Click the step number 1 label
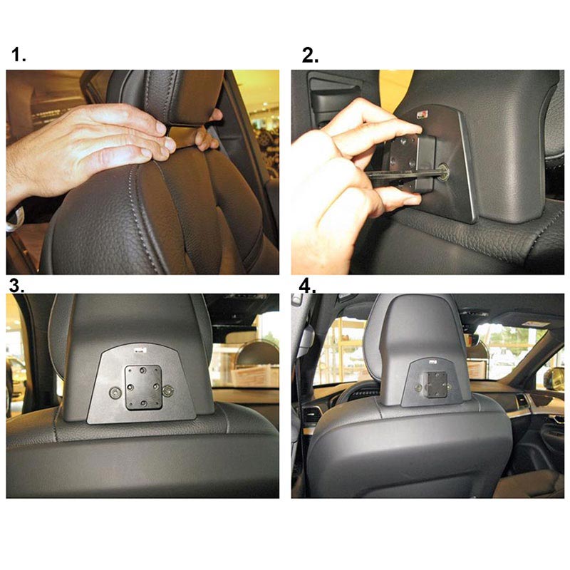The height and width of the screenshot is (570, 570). [x=19, y=55]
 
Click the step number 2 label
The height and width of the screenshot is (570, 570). [x=310, y=56]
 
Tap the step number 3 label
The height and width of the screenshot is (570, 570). [x=16, y=286]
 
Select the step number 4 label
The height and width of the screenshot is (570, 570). [x=308, y=286]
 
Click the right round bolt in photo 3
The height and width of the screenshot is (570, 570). [x=168, y=390]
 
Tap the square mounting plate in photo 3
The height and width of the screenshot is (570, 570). [x=143, y=388]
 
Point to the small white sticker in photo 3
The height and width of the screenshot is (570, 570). [x=140, y=351]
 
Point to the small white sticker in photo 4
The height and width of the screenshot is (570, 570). [x=432, y=363]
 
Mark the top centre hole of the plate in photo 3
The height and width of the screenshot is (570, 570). [x=143, y=370]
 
